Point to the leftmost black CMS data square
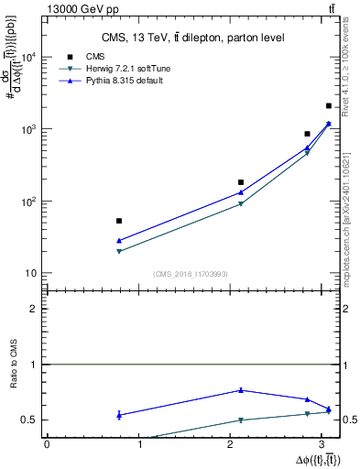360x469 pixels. point(119,221)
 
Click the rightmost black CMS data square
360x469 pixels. point(329,106)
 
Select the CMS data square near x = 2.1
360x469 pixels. point(241,182)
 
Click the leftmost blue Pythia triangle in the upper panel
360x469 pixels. point(119,241)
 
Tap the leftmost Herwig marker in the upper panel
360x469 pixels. point(119,251)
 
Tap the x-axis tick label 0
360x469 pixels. point(47,444)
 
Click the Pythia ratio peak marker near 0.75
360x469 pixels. point(241,390)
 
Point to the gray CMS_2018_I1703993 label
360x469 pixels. point(191,274)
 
